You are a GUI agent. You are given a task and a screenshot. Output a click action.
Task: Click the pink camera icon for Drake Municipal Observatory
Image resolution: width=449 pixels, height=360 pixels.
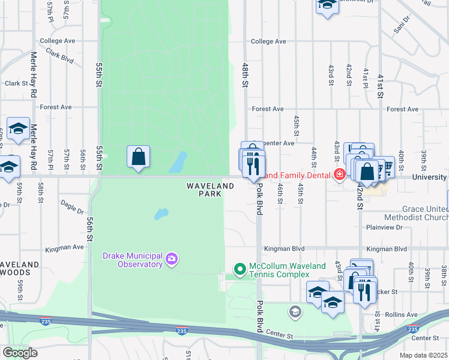pyautogui.click(x=172, y=259)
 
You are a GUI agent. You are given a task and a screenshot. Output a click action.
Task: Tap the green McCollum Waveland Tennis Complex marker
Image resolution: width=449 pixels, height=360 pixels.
pyautogui.click(x=240, y=269)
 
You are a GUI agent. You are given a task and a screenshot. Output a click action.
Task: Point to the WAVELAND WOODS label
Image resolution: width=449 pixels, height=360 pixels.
pyautogui.click(x=20, y=268)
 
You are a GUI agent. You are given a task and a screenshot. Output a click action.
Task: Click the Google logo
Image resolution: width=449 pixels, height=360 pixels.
pyautogui.click(x=20, y=353)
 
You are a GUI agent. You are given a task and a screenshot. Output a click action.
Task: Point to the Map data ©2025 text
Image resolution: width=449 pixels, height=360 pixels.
pyautogui.click(x=423, y=355)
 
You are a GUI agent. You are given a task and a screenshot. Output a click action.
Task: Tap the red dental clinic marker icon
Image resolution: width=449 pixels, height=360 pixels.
pyautogui.click(x=339, y=175)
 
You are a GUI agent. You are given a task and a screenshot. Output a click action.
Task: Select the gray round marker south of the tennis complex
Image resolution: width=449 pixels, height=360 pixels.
pyautogui.click(x=295, y=311)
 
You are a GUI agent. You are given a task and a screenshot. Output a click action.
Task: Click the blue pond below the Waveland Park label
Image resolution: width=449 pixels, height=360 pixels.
pyautogui.click(x=160, y=214)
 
